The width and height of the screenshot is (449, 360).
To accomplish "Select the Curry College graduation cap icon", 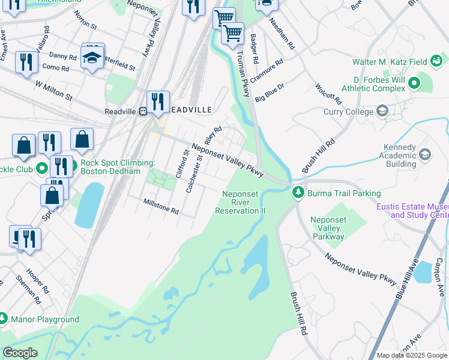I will coord(382,111).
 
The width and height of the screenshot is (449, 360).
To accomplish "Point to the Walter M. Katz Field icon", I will coord(436,61).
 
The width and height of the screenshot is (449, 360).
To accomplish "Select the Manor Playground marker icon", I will coord(3,319).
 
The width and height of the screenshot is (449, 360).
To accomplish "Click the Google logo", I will coord(20,353).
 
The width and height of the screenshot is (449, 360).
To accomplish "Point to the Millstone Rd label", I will coord(161,207).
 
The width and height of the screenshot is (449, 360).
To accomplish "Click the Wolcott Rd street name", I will coord(328,94).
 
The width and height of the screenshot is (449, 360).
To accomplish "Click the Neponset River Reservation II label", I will coord(244,202).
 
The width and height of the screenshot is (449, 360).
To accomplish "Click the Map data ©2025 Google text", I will coord(412,355).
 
